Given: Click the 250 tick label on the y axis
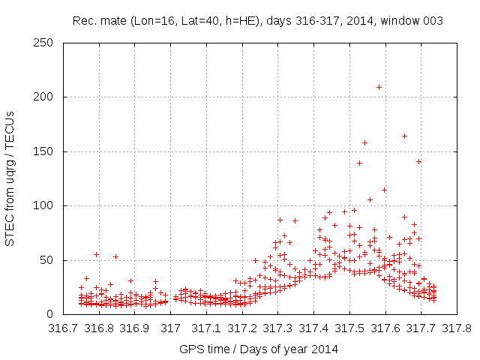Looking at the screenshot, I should pyautogui.click(x=47, y=43).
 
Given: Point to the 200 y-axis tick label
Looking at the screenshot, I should pyautogui.click(x=47, y=97).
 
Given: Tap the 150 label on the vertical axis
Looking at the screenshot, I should pyautogui.click(x=47, y=151).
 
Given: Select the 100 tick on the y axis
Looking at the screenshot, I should pyautogui.click(x=47, y=205).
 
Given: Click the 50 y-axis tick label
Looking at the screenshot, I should pyautogui.click(x=50, y=260).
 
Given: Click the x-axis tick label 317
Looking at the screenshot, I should pyautogui.click(x=171, y=328).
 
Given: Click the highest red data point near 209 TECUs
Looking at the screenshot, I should pyautogui.click(x=379, y=88).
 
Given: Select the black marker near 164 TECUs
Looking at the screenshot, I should pyautogui.click(x=404, y=136).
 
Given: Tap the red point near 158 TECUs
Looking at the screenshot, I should pyautogui.click(x=364, y=142).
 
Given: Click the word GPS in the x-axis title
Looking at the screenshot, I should pyautogui.click(x=190, y=349).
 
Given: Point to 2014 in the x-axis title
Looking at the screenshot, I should pyautogui.click(x=325, y=349).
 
